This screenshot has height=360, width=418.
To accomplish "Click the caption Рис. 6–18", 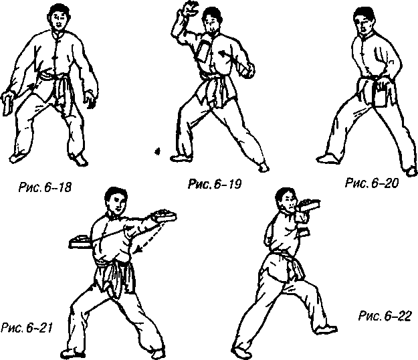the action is [x=45, y=187].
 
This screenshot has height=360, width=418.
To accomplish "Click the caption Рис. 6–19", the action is [x=215, y=184].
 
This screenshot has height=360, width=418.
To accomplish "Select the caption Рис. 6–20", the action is [x=372, y=183].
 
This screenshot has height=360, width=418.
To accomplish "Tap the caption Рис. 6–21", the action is [x=26, y=328].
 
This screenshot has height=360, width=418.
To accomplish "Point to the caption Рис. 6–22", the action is [x=385, y=316].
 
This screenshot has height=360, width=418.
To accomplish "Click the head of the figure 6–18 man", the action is [x=60, y=17].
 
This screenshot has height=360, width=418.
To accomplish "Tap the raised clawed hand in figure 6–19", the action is [x=191, y=8].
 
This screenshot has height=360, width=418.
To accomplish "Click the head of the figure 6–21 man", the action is [x=116, y=200].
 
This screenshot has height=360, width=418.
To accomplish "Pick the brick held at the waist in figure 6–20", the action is [x=380, y=96].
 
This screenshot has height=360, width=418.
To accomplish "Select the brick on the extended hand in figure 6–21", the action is [x=163, y=215].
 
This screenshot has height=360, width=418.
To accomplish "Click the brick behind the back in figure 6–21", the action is [x=80, y=241].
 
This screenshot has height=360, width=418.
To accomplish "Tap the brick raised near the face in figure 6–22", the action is [x=309, y=205].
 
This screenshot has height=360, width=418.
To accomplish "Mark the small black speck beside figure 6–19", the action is [x=158, y=151].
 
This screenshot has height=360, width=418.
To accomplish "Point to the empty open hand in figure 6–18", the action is [x=90, y=99].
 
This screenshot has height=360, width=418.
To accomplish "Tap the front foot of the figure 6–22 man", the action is [x=324, y=330].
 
